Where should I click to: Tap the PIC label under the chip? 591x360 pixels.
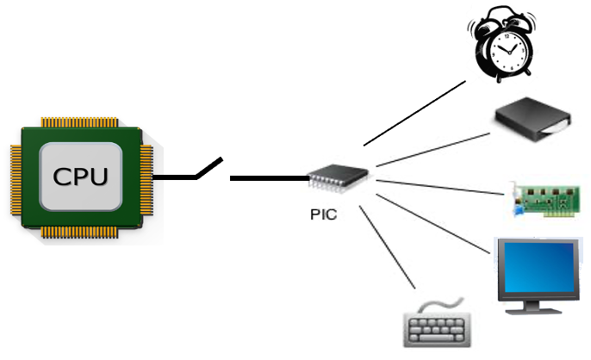[324, 214]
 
